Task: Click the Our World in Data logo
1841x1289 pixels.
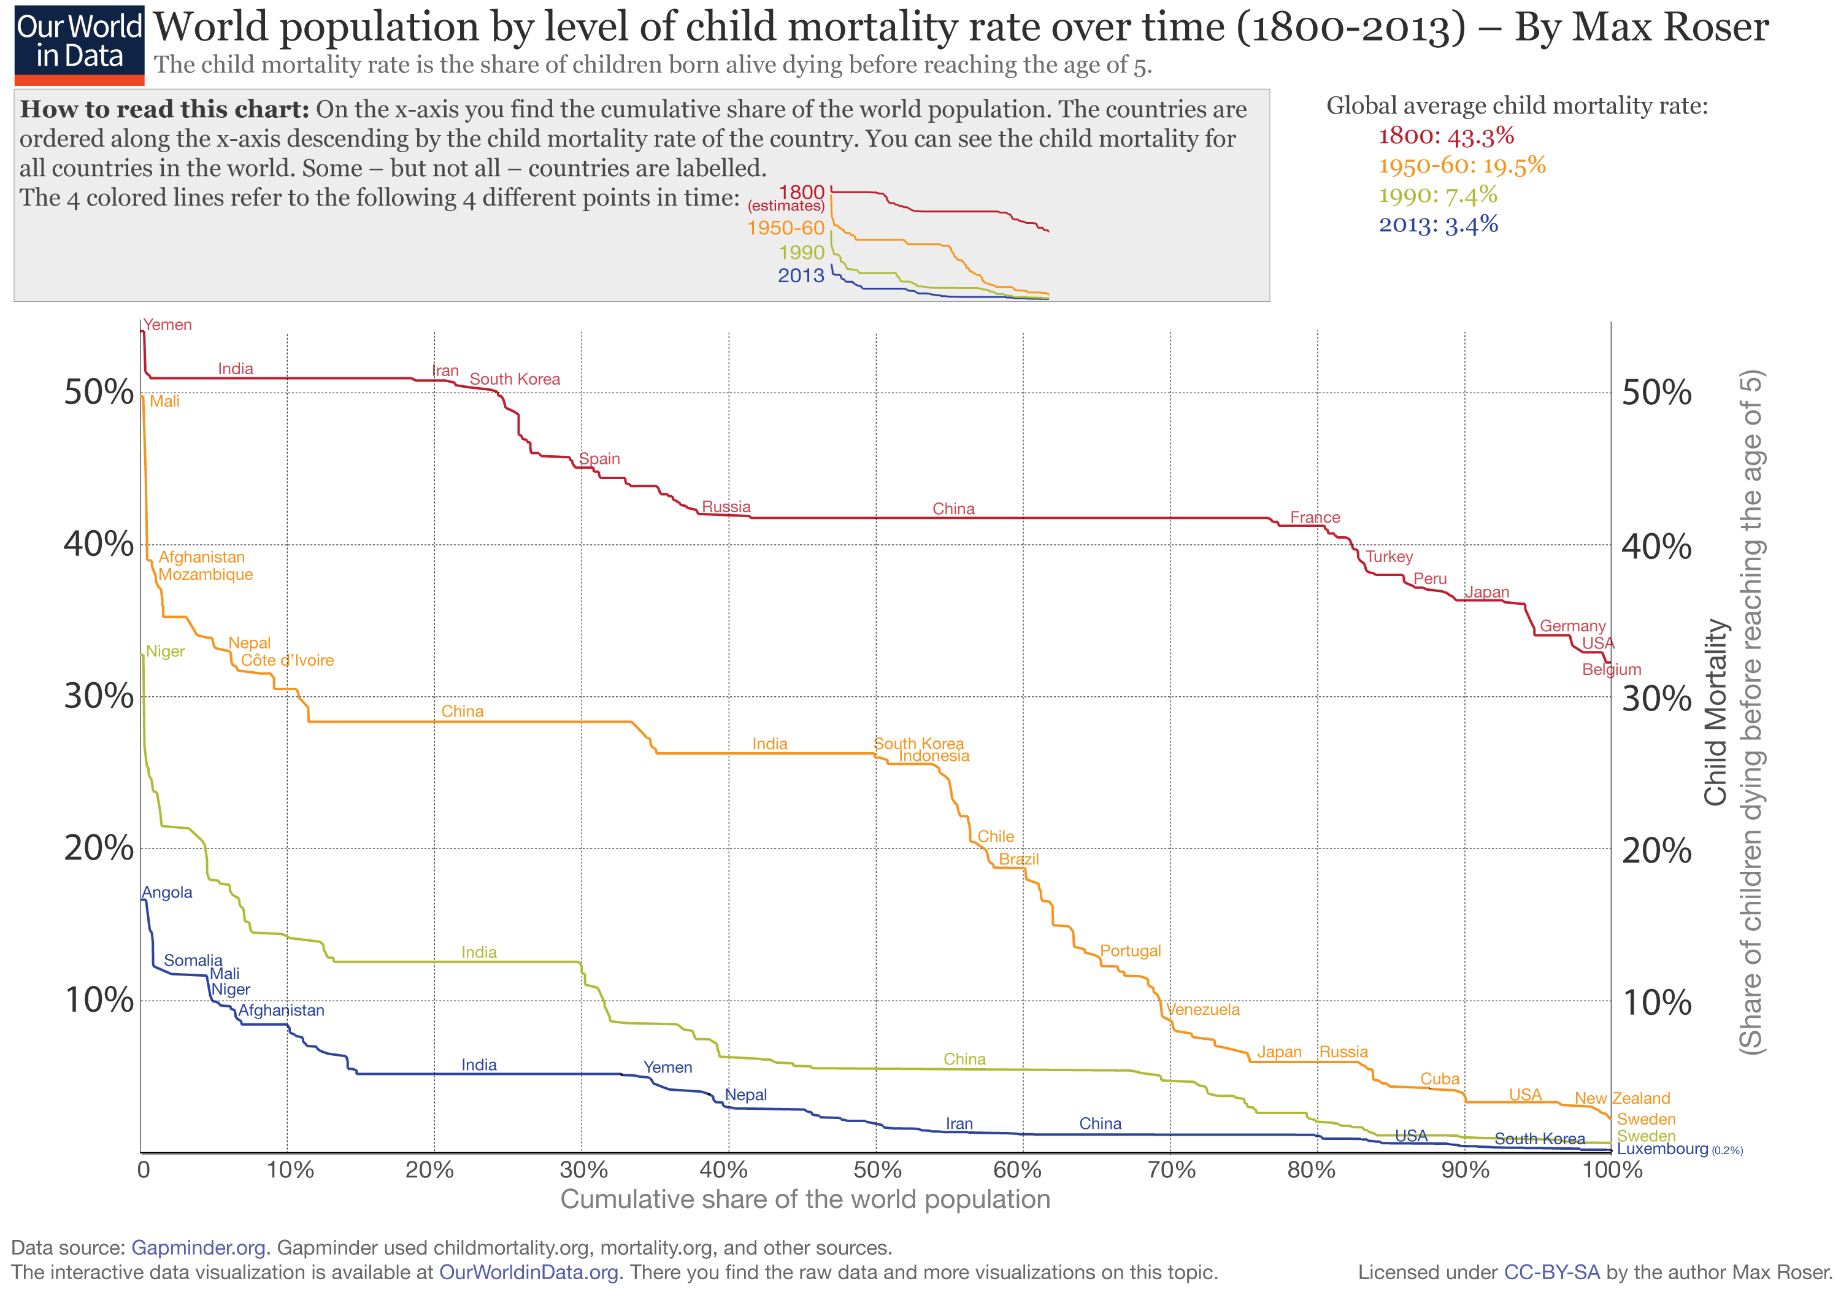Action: (79, 47)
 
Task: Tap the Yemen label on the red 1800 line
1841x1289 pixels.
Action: (167, 325)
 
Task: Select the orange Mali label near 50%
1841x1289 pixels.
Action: (164, 401)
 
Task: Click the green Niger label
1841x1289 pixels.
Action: (165, 652)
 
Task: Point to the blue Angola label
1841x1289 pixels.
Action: (167, 893)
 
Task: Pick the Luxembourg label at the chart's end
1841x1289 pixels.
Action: (1662, 1149)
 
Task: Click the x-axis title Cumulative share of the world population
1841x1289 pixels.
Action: (805, 1199)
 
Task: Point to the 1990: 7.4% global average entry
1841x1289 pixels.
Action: (1438, 195)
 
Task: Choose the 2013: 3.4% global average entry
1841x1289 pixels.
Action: (1439, 225)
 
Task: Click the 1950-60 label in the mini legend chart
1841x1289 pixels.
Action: (785, 228)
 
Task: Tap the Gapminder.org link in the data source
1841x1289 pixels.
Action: (198, 1247)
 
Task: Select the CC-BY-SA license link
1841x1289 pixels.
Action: (1551, 1272)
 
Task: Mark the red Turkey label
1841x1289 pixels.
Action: (1389, 556)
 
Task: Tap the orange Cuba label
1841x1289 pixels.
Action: (1439, 1079)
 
